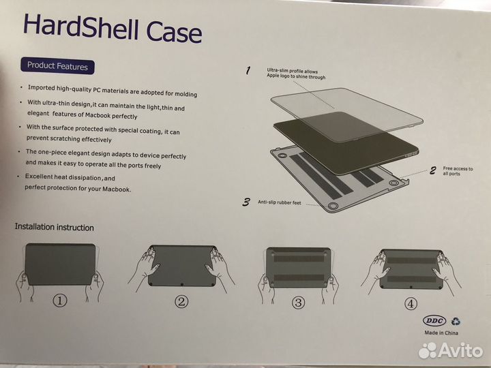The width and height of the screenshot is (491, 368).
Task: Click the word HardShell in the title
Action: (80, 27)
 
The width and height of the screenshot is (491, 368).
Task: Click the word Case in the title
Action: (174, 31)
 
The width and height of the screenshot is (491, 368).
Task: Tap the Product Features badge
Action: (57, 65)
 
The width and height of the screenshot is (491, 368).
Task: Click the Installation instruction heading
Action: (54, 227)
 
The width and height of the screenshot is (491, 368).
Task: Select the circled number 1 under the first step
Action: (60, 301)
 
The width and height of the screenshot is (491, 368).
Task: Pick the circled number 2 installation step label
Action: (181, 301)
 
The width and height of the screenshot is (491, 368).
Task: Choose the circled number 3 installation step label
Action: (298, 303)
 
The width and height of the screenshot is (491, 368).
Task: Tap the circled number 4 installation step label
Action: (411, 303)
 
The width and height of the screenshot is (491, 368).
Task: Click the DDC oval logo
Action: (434, 320)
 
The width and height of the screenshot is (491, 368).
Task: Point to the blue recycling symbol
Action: (456, 321)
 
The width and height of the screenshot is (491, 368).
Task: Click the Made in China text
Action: (441, 333)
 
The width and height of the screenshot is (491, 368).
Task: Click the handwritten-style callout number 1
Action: (248, 70)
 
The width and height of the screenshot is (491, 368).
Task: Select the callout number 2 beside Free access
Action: (433, 170)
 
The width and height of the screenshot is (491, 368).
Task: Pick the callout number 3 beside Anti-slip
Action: (246, 202)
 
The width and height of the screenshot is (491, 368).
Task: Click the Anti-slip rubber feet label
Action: (280, 202)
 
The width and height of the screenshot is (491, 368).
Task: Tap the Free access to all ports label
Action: (458, 171)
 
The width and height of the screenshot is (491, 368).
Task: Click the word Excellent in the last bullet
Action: (39, 177)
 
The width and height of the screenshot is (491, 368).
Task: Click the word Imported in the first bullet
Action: (42, 87)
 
